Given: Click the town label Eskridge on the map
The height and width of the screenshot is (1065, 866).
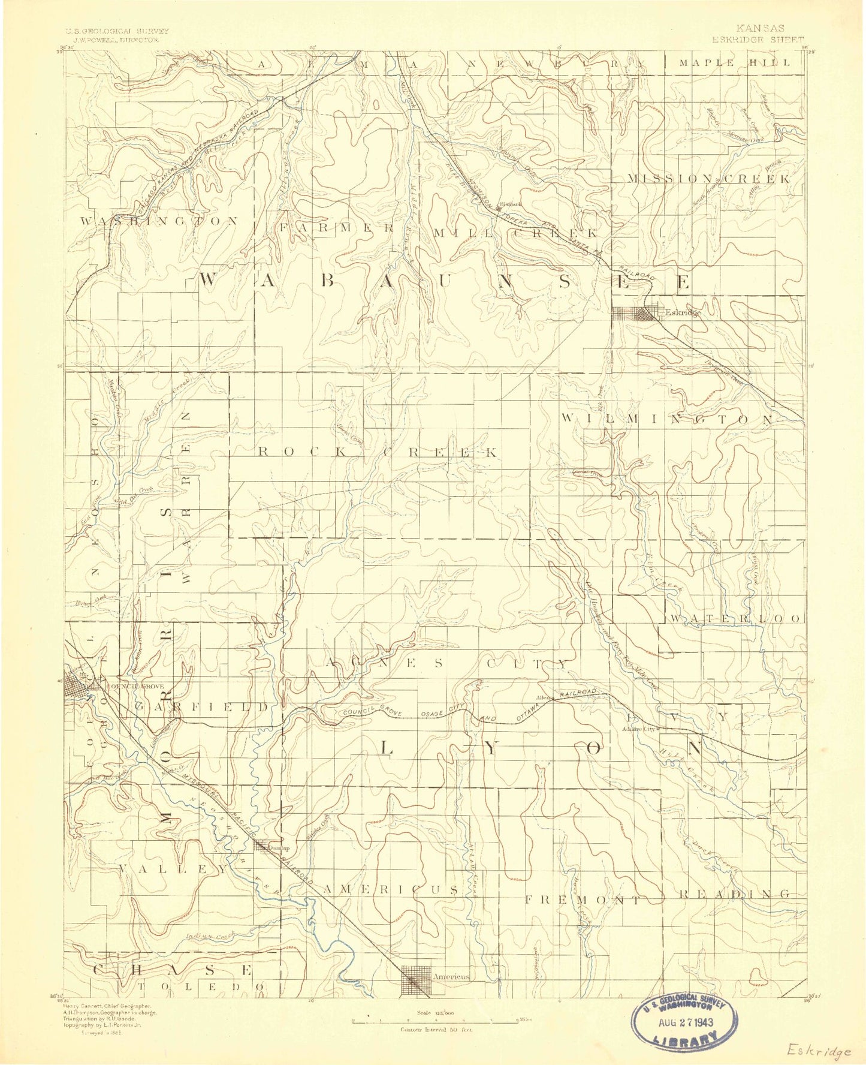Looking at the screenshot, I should pos(683,312).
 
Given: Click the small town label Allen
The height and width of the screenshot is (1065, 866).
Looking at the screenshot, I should pos(543,697).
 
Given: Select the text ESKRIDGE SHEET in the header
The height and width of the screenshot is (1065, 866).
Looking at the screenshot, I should pos(758,40).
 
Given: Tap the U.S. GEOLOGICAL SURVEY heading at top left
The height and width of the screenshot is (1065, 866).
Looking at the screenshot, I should pos(117,31).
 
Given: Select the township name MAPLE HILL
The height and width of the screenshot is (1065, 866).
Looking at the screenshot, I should pos(735,62).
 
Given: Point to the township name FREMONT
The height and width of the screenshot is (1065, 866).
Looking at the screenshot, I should pos(582,899).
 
